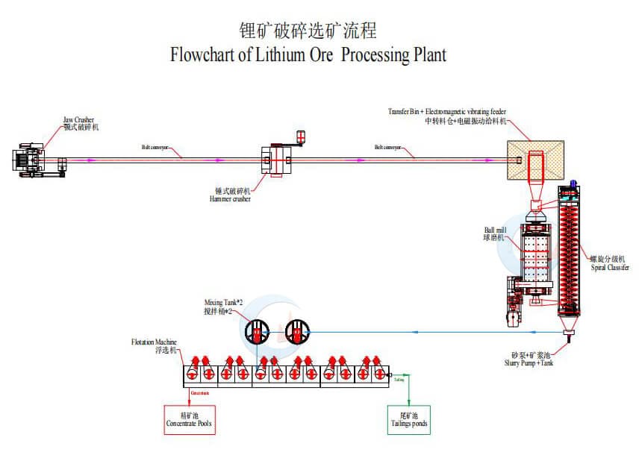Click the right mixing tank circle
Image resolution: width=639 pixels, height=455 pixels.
pos(297,332)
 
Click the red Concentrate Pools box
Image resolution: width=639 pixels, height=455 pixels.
pos(189,419)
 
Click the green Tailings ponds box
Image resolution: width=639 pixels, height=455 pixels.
pos(408,419)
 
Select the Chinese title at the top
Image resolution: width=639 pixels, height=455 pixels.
pos(307,31)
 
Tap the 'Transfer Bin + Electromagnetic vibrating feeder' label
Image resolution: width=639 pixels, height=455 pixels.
pos(446,111)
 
